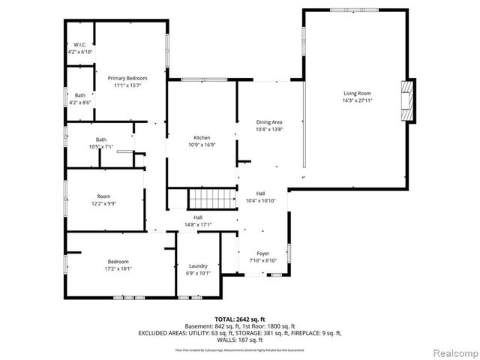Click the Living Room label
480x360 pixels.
(x=357, y=92)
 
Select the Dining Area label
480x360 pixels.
(x=269, y=121)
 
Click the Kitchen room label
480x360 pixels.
(x=202, y=138)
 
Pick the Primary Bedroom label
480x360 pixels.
(x=127, y=78)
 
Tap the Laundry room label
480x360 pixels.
(x=198, y=265)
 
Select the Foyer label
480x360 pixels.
(x=262, y=253)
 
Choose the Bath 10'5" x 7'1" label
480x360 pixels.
(x=100, y=139)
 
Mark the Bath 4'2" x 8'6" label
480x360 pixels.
(x=80, y=95)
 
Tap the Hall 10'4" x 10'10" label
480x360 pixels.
(x=261, y=193)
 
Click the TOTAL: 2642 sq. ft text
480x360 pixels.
(x=239, y=319)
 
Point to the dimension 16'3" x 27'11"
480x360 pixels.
(x=357, y=100)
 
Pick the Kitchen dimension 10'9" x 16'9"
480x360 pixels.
(x=202, y=145)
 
